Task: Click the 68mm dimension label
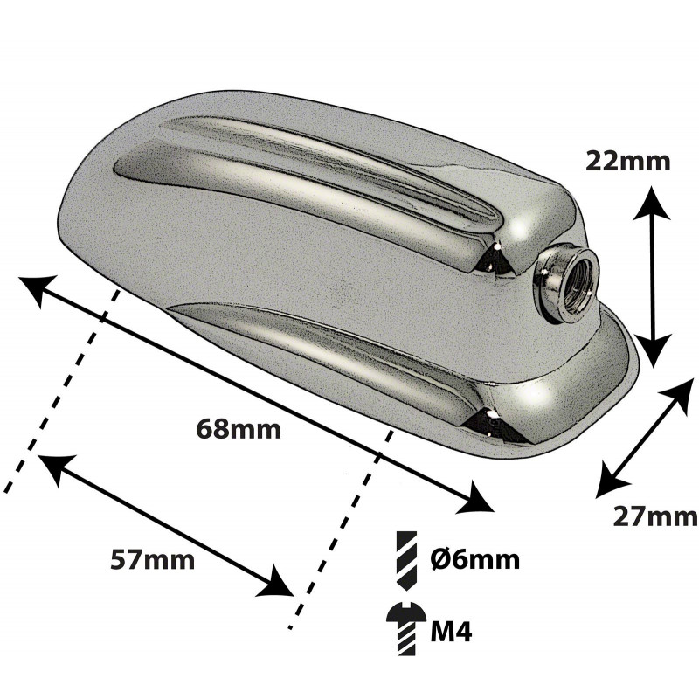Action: coord(239,430)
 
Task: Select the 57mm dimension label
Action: coord(152,560)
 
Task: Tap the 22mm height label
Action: coord(627,161)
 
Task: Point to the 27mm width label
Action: coord(654,517)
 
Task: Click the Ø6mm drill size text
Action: coord(475,559)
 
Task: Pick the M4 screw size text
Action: coord(451,631)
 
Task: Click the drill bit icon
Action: coord(406,562)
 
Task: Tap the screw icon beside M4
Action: coord(405,628)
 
